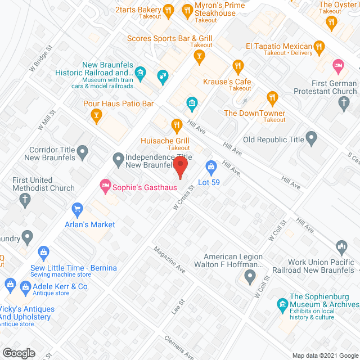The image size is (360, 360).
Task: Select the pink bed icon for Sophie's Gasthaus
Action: click(x=105, y=184)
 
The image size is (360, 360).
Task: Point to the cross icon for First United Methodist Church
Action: click(x=25, y=199)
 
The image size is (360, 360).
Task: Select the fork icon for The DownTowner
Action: click(x=273, y=98)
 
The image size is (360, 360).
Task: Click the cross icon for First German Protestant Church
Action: click(x=344, y=102)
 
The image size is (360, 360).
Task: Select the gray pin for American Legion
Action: click(x=251, y=276)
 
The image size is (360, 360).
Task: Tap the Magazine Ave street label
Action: click(x=168, y=260)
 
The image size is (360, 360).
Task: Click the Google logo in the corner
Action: click(x=18, y=353)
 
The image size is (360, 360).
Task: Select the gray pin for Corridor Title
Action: click(x=83, y=151)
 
